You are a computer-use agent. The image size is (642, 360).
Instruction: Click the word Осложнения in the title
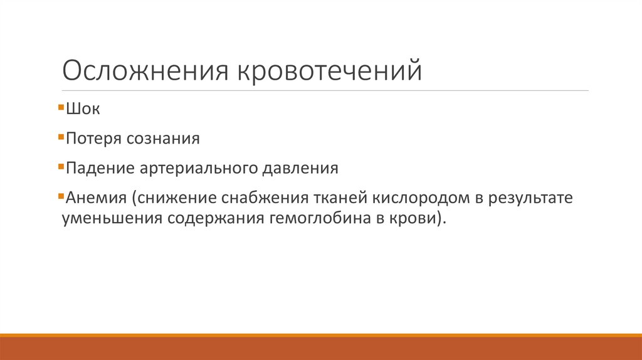pyautogui.click(x=144, y=70)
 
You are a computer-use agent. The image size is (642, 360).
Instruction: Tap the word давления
pyautogui.click(x=302, y=169)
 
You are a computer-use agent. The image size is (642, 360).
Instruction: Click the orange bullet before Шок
pyautogui.click(x=60, y=107)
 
